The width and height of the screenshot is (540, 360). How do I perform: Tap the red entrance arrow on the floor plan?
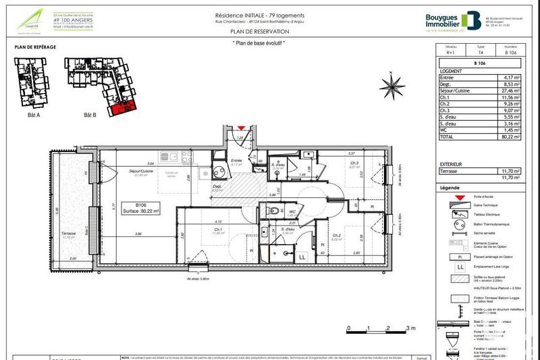coord(241,127)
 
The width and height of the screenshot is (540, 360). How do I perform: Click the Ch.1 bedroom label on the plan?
coord(218,230)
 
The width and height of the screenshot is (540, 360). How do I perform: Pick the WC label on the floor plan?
coord(293,212)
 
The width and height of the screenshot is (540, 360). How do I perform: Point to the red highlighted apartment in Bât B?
coord(122,106)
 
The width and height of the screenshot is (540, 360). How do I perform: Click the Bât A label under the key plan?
coord(31,115)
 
